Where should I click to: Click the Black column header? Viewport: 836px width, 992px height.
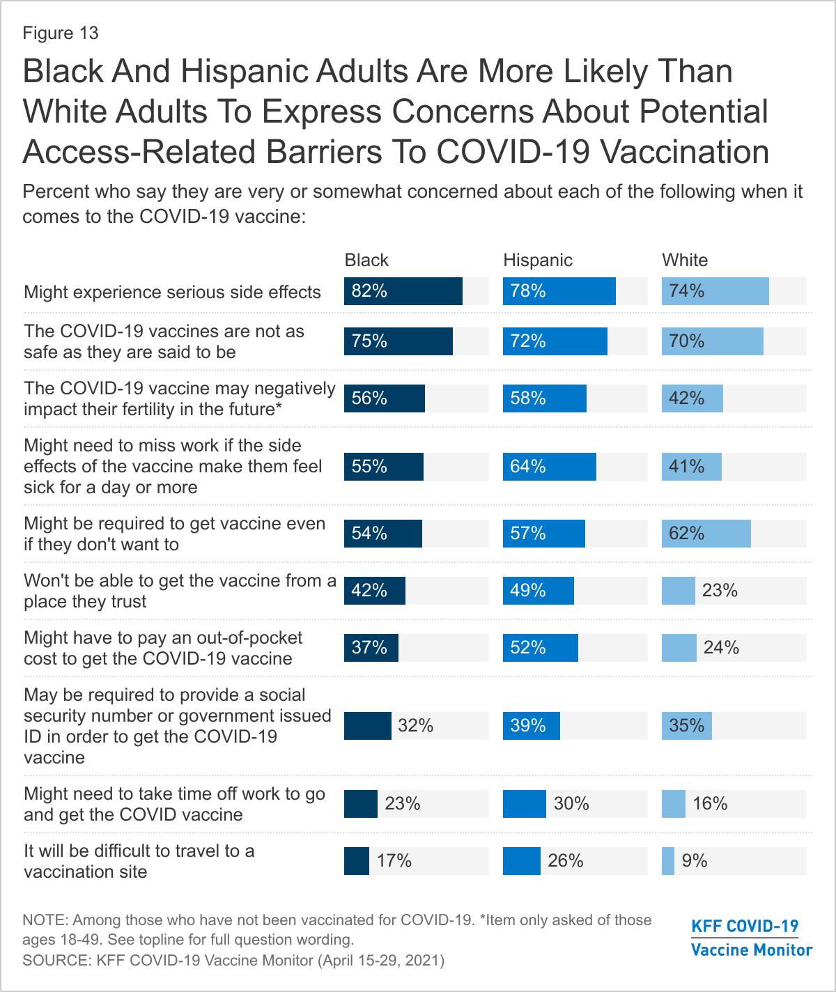(x=366, y=260)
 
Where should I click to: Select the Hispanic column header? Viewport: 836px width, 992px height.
(x=538, y=260)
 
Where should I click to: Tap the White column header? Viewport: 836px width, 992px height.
(x=685, y=260)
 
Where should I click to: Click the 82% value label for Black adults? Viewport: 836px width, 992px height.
(x=369, y=291)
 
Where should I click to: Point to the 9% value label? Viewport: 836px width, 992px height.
(x=695, y=861)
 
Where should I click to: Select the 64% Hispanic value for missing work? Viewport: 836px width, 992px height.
(x=528, y=467)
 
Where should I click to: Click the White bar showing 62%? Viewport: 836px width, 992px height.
(x=706, y=534)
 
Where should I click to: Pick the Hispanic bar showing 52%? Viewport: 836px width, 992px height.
(x=541, y=648)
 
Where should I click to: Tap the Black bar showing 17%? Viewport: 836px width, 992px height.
(x=357, y=861)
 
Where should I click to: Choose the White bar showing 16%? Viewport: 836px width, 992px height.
(x=674, y=804)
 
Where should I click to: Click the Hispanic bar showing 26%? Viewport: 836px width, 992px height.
(x=522, y=861)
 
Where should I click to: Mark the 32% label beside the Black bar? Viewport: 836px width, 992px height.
(x=416, y=726)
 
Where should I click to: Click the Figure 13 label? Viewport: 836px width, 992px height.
(x=61, y=33)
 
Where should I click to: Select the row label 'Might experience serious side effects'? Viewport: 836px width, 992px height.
(x=172, y=292)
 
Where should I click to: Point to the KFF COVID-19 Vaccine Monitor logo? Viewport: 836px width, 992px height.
(x=751, y=938)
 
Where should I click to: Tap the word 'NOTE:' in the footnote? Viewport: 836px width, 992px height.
(x=45, y=920)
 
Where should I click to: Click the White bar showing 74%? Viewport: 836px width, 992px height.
(x=715, y=291)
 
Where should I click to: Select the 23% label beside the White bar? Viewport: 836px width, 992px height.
(x=720, y=591)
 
